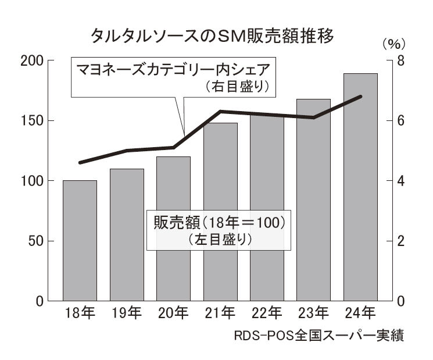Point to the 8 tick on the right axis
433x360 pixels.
[x=400, y=60]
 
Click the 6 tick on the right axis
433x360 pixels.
[x=400, y=120]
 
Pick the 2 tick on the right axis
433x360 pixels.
[x=400, y=241]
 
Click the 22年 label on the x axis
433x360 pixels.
[x=267, y=315]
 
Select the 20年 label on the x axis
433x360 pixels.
[x=173, y=315]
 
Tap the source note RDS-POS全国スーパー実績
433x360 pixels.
[x=319, y=337]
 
